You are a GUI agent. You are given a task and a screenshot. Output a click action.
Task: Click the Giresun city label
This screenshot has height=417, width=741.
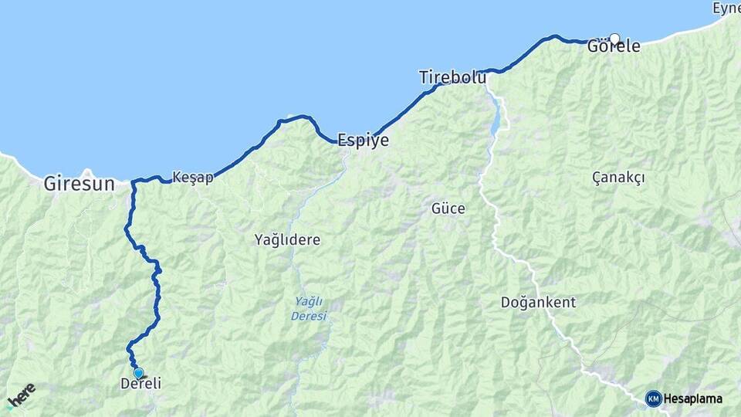tap(80, 185)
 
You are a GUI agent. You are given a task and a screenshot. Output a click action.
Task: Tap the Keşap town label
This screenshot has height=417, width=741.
tap(193, 177)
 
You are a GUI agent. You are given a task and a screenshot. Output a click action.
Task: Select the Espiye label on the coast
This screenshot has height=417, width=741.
tap(363, 141)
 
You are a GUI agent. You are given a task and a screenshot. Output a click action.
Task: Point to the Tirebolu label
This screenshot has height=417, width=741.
tap(452, 77)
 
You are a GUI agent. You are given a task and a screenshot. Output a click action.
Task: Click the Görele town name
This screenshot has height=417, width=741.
tap(614, 46)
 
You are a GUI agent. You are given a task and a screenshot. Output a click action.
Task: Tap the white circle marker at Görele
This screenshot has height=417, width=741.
tap(614, 38)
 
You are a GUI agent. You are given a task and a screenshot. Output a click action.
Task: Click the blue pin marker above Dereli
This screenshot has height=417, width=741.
tap(138, 373)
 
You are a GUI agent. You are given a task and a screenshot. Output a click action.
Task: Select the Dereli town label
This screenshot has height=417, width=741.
tap(141, 384)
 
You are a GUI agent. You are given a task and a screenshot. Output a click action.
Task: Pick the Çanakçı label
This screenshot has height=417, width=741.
tap(618, 178)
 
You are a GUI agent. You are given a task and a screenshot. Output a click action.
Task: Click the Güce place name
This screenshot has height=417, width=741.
tap(448, 208)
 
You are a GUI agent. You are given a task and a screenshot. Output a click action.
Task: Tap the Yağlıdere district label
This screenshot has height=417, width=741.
tap(287, 240)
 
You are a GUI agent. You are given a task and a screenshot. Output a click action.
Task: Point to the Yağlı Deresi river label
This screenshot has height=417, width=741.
tap(309, 308)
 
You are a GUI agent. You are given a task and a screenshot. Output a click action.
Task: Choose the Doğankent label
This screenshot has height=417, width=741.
tap(538, 302)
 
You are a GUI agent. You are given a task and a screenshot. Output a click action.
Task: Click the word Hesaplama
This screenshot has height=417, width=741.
tap(693, 398)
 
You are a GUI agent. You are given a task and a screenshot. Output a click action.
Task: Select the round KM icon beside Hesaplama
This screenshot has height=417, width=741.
tap(653, 398)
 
